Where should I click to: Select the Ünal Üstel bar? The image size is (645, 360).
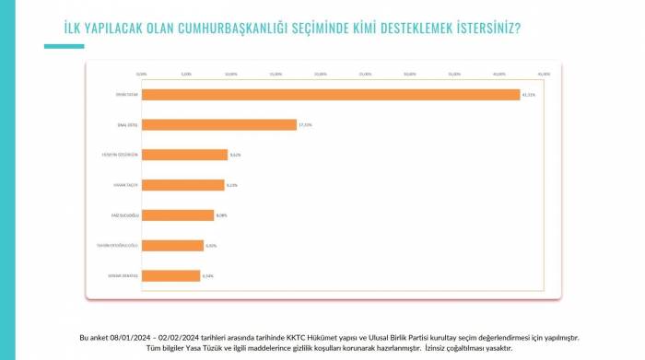click(218, 124)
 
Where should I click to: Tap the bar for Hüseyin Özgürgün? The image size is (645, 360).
click(184, 155)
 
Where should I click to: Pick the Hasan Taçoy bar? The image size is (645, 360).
click(182, 185)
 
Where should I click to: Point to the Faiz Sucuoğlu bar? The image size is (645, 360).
click(177, 215)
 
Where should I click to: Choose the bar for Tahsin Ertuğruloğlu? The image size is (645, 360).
click(172, 246)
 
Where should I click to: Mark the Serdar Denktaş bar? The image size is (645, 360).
click(170, 275)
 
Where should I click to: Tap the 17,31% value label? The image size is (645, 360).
click(305, 124)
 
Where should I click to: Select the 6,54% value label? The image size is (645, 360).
click(209, 275)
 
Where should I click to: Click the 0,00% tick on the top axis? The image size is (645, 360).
click(141, 74)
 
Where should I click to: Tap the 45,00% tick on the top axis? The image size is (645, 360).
click(544, 74)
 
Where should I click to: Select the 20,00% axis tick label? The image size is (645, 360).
click(320, 74)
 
